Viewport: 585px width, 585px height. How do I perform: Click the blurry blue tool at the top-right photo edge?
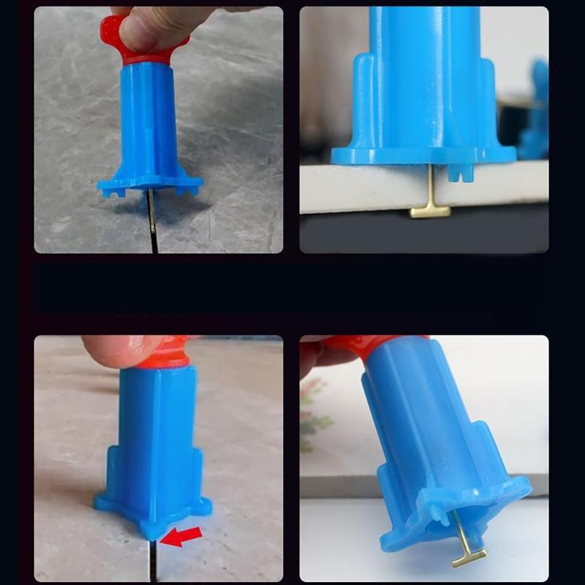pos(537,110)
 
